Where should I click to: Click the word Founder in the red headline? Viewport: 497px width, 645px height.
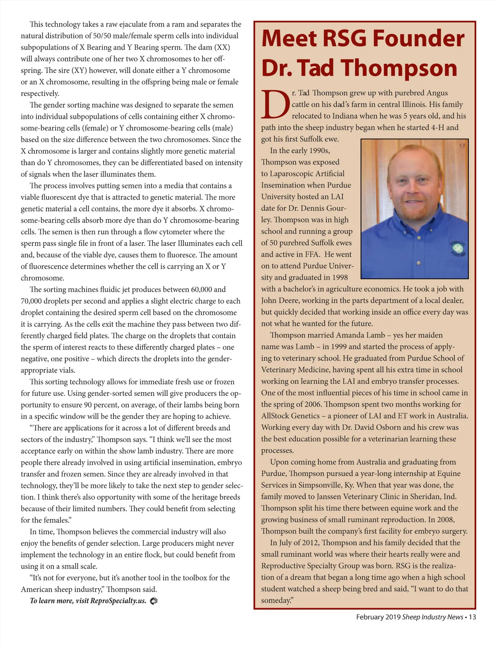point(418,39)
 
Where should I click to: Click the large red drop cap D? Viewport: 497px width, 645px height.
point(275,105)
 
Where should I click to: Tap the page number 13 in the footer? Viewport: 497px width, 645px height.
point(472,617)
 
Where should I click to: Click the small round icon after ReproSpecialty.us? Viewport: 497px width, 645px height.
point(154,601)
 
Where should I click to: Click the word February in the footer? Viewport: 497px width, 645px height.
point(370,617)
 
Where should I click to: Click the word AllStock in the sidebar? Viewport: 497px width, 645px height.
point(275,416)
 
